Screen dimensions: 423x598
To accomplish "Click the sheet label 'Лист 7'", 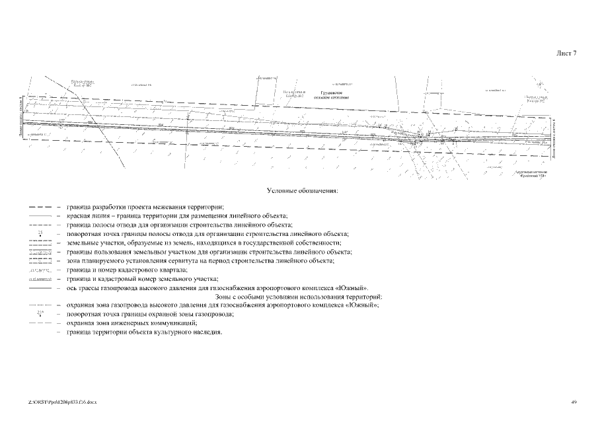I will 566,54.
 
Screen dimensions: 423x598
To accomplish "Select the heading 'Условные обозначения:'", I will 302,191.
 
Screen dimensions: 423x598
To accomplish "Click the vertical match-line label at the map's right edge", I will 554,139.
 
